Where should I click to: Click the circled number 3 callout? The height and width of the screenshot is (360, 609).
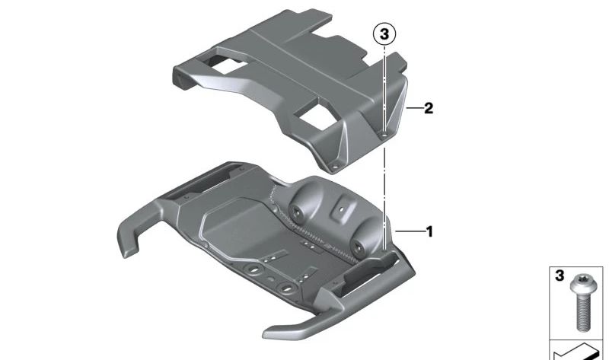384,34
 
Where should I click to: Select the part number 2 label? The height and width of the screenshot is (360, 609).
429,108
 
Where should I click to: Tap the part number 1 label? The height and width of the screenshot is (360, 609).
429,232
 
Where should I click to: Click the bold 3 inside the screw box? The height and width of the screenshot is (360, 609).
560,276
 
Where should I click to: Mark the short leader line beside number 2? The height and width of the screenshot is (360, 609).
413,108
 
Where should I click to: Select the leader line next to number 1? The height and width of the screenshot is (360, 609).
410,232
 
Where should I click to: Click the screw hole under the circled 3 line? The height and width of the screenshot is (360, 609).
384,135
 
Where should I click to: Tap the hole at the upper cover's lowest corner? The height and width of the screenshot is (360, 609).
335,167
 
